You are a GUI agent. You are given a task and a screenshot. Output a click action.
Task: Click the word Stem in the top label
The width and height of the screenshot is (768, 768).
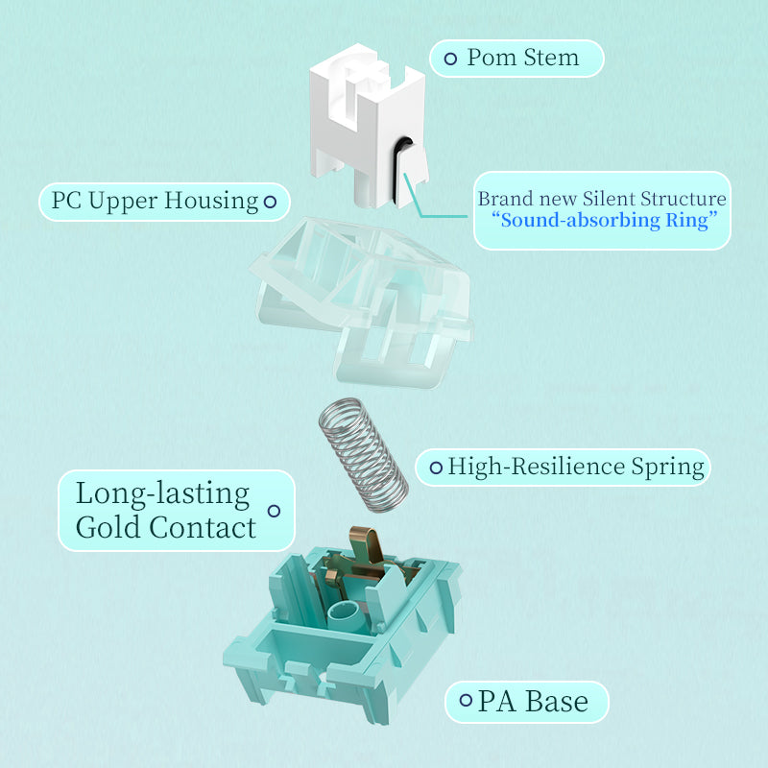[551, 58]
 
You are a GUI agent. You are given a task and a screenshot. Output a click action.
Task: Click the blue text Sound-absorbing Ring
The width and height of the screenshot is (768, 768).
[603, 221]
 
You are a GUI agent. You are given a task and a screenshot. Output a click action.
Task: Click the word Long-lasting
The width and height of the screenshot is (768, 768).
[162, 493]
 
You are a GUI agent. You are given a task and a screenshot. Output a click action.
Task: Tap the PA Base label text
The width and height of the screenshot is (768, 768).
[533, 701]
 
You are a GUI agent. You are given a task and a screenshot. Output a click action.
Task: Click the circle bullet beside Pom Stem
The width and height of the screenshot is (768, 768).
[449, 59]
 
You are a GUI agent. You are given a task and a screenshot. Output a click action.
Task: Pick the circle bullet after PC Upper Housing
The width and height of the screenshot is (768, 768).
[271, 202]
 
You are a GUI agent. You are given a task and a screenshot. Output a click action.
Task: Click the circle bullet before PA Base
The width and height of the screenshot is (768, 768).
[466, 701]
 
